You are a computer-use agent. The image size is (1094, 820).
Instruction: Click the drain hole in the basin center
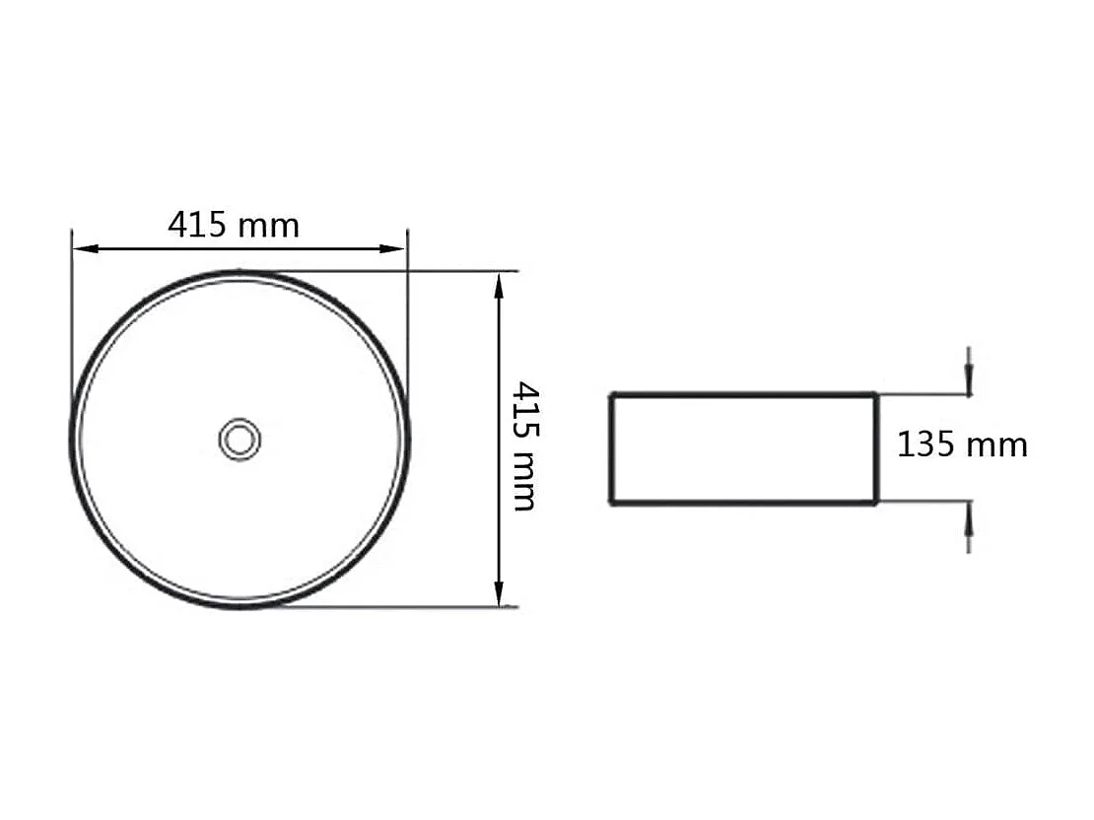239,439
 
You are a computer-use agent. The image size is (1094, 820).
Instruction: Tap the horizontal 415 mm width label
234,226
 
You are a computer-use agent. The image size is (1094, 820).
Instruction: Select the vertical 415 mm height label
524,446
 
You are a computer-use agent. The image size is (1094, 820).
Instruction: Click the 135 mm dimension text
962,444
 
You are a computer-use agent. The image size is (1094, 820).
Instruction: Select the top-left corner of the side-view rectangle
612,395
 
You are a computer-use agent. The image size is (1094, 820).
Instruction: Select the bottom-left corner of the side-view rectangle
612,503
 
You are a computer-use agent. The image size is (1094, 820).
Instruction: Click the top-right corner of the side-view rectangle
876,395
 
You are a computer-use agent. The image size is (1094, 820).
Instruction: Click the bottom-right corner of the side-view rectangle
876,503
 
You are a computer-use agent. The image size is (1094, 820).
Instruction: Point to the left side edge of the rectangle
612,449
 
